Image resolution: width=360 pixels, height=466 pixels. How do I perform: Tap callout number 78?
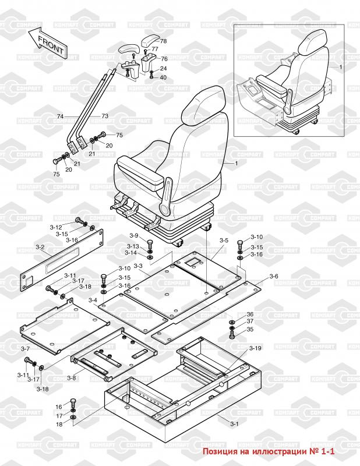point(163,41)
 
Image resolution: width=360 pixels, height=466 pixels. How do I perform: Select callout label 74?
point(60,117)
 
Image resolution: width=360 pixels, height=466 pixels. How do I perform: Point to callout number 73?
point(105,116)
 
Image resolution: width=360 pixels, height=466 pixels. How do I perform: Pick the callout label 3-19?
point(255,348)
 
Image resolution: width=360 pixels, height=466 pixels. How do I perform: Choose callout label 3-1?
point(234,423)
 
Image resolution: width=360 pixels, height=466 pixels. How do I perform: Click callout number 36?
point(250,315)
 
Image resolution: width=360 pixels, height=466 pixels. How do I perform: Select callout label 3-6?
point(274,276)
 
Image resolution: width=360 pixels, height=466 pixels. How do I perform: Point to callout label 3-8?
point(71,378)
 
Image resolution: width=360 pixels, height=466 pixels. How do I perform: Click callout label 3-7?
point(25,348)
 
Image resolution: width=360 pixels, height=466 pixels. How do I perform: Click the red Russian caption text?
point(270,451)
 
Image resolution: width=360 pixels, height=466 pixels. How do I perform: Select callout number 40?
point(163,77)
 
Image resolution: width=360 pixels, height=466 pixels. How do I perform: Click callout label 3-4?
point(93,299)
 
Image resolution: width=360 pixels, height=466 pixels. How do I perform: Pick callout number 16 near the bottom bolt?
point(58,406)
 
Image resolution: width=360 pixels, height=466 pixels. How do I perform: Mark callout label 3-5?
point(224,240)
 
